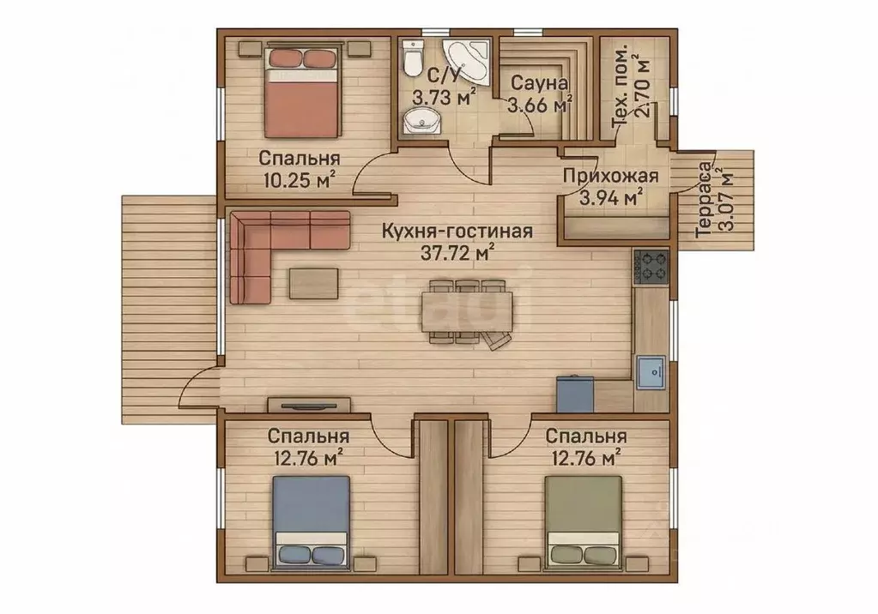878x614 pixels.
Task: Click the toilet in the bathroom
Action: tap(413, 58)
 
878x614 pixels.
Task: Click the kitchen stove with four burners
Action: tap(651, 267)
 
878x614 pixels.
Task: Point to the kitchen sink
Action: tap(651, 372)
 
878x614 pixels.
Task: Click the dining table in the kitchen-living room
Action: tap(467, 310)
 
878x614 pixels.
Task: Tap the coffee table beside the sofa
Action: tap(313, 284)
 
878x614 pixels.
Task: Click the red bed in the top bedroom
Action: tap(302, 93)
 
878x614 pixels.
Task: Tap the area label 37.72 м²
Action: tap(457, 252)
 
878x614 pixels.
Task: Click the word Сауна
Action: tap(539, 83)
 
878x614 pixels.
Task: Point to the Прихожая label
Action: tap(611, 176)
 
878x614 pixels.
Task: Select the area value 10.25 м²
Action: tap(300, 180)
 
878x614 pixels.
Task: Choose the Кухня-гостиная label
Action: tap(457, 231)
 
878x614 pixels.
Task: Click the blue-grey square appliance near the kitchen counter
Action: tap(575, 394)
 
